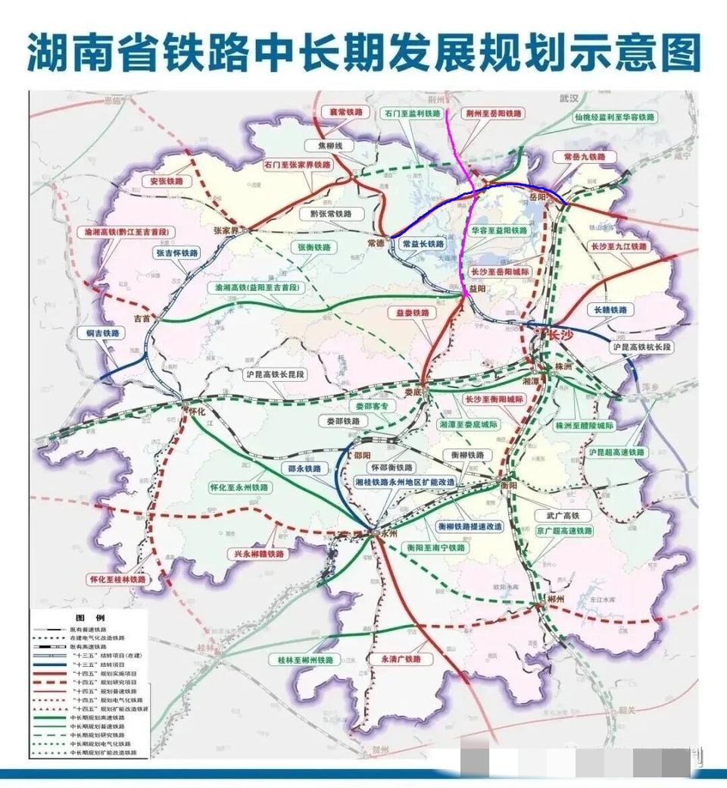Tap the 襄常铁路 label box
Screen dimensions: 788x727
[x=341, y=112]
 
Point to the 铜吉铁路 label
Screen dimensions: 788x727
[x=100, y=333]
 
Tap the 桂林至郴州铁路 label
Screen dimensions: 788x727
[x=301, y=659]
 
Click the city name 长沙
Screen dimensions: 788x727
[x=560, y=334]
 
